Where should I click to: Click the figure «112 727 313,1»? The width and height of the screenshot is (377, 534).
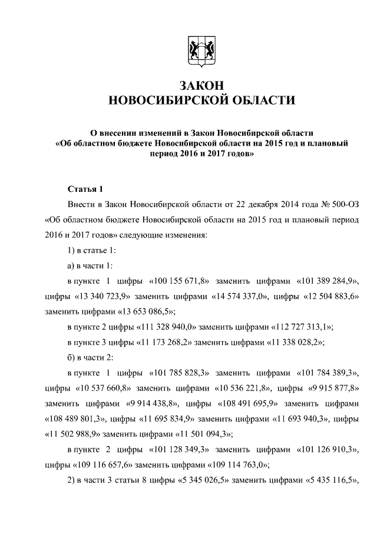pos(302,327)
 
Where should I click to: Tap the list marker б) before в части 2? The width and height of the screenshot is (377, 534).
pos(71,358)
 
